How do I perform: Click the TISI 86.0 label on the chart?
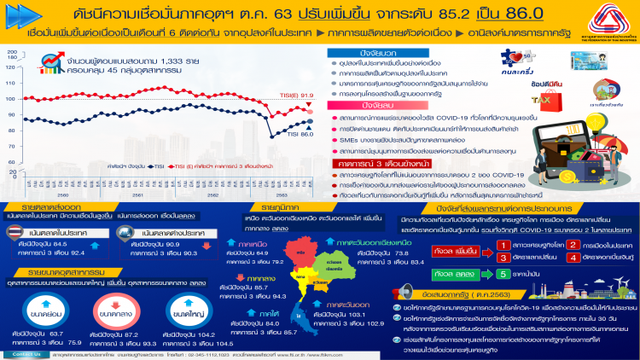(x=299, y=134)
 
